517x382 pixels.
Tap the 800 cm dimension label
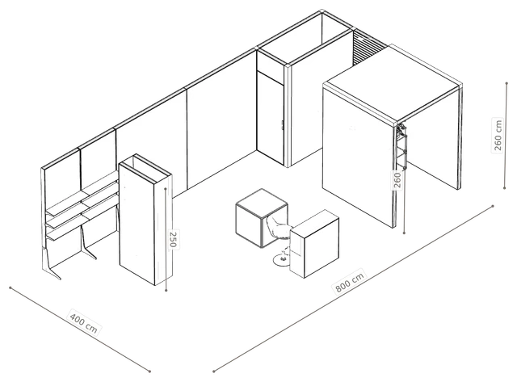(x=350, y=282)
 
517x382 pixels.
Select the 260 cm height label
(x=498, y=135)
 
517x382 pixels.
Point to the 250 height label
(x=173, y=239)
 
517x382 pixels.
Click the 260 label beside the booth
(x=397, y=180)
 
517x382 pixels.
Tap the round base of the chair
(x=282, y=260)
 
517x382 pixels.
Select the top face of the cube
(x=262, y=203)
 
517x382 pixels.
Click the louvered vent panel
(x=367, y=47)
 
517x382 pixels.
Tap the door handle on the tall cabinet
(x=283, y=125)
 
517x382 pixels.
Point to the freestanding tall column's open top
(x=145, y=168)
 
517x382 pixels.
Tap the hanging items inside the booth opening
(x=402, y=146)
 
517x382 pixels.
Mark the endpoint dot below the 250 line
(x=166, y=291)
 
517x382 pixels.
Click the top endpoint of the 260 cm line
(x=506, y=83)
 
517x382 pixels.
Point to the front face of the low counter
(x=322, y=250)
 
